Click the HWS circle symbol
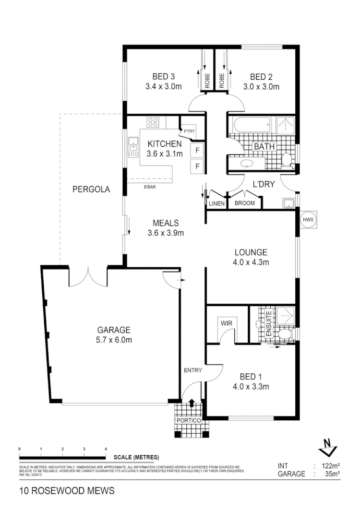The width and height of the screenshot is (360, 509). (308, 220)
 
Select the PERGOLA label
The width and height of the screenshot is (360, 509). (91, 189)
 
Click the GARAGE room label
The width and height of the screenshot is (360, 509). (114, 330)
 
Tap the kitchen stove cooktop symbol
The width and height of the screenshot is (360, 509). (153, 122)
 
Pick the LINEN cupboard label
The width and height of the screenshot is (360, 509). (216, 203)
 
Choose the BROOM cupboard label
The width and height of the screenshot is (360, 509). (244, 203)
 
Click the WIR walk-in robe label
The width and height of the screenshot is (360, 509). (227, 323)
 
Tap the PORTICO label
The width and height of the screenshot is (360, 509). (192, 421)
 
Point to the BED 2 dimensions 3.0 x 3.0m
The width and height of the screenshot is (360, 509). (261, 87)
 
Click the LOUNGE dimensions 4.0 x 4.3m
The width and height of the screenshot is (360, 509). (251, 262)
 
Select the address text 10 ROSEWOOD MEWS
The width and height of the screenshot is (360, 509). (67, 491)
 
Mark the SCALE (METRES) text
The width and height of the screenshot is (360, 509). (136, 457)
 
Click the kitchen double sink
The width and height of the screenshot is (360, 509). (133, 148)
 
